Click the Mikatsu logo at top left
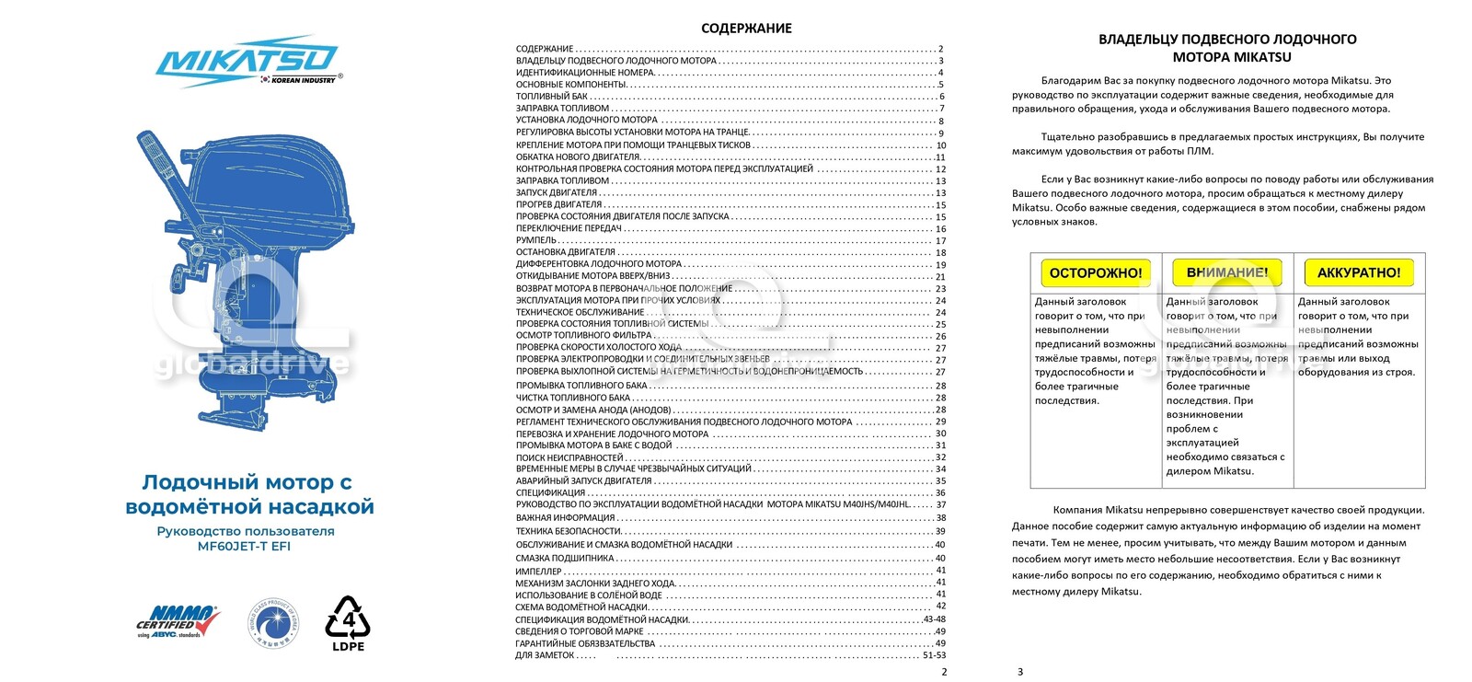pos(247,62)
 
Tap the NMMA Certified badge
pos(178,622)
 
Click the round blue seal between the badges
pos(273,622)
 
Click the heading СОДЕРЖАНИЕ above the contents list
pos(746,29)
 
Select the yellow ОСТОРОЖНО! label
pos(1096,272)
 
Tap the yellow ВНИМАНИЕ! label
pos(1226,272)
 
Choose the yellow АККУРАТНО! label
pos(1358,272)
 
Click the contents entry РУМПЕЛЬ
pos(536,240)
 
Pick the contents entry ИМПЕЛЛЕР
pos(539,571)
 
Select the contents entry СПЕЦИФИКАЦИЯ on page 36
pos(550,492)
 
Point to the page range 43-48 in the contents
pos(934,619)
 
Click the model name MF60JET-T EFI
pos(244,546)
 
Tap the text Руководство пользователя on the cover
pos(246,531)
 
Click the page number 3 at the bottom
pos(1019,672)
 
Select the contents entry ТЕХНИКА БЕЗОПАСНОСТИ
pos(569,531)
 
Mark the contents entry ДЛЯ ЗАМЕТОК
pos(545,655)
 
